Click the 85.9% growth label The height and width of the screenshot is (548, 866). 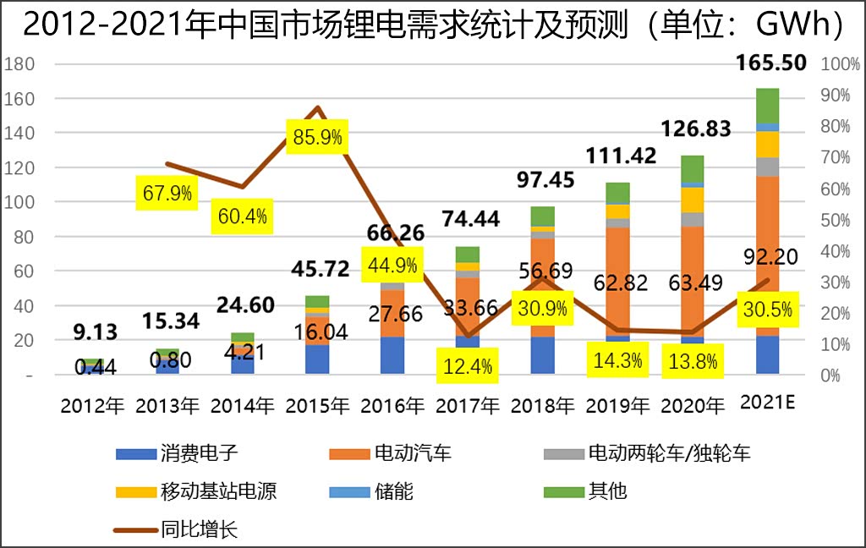(317, 137)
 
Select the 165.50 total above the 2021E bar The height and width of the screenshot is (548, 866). (772, 63)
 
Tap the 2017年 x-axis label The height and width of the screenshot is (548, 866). (468, 405)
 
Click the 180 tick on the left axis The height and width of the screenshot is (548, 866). (19, 64)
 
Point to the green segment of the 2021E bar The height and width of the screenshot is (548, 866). (767, 105)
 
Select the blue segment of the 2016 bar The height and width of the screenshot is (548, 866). (392, 355)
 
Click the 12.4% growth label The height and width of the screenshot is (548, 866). (468, 367)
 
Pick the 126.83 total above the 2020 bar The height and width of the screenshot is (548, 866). (693, 129)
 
